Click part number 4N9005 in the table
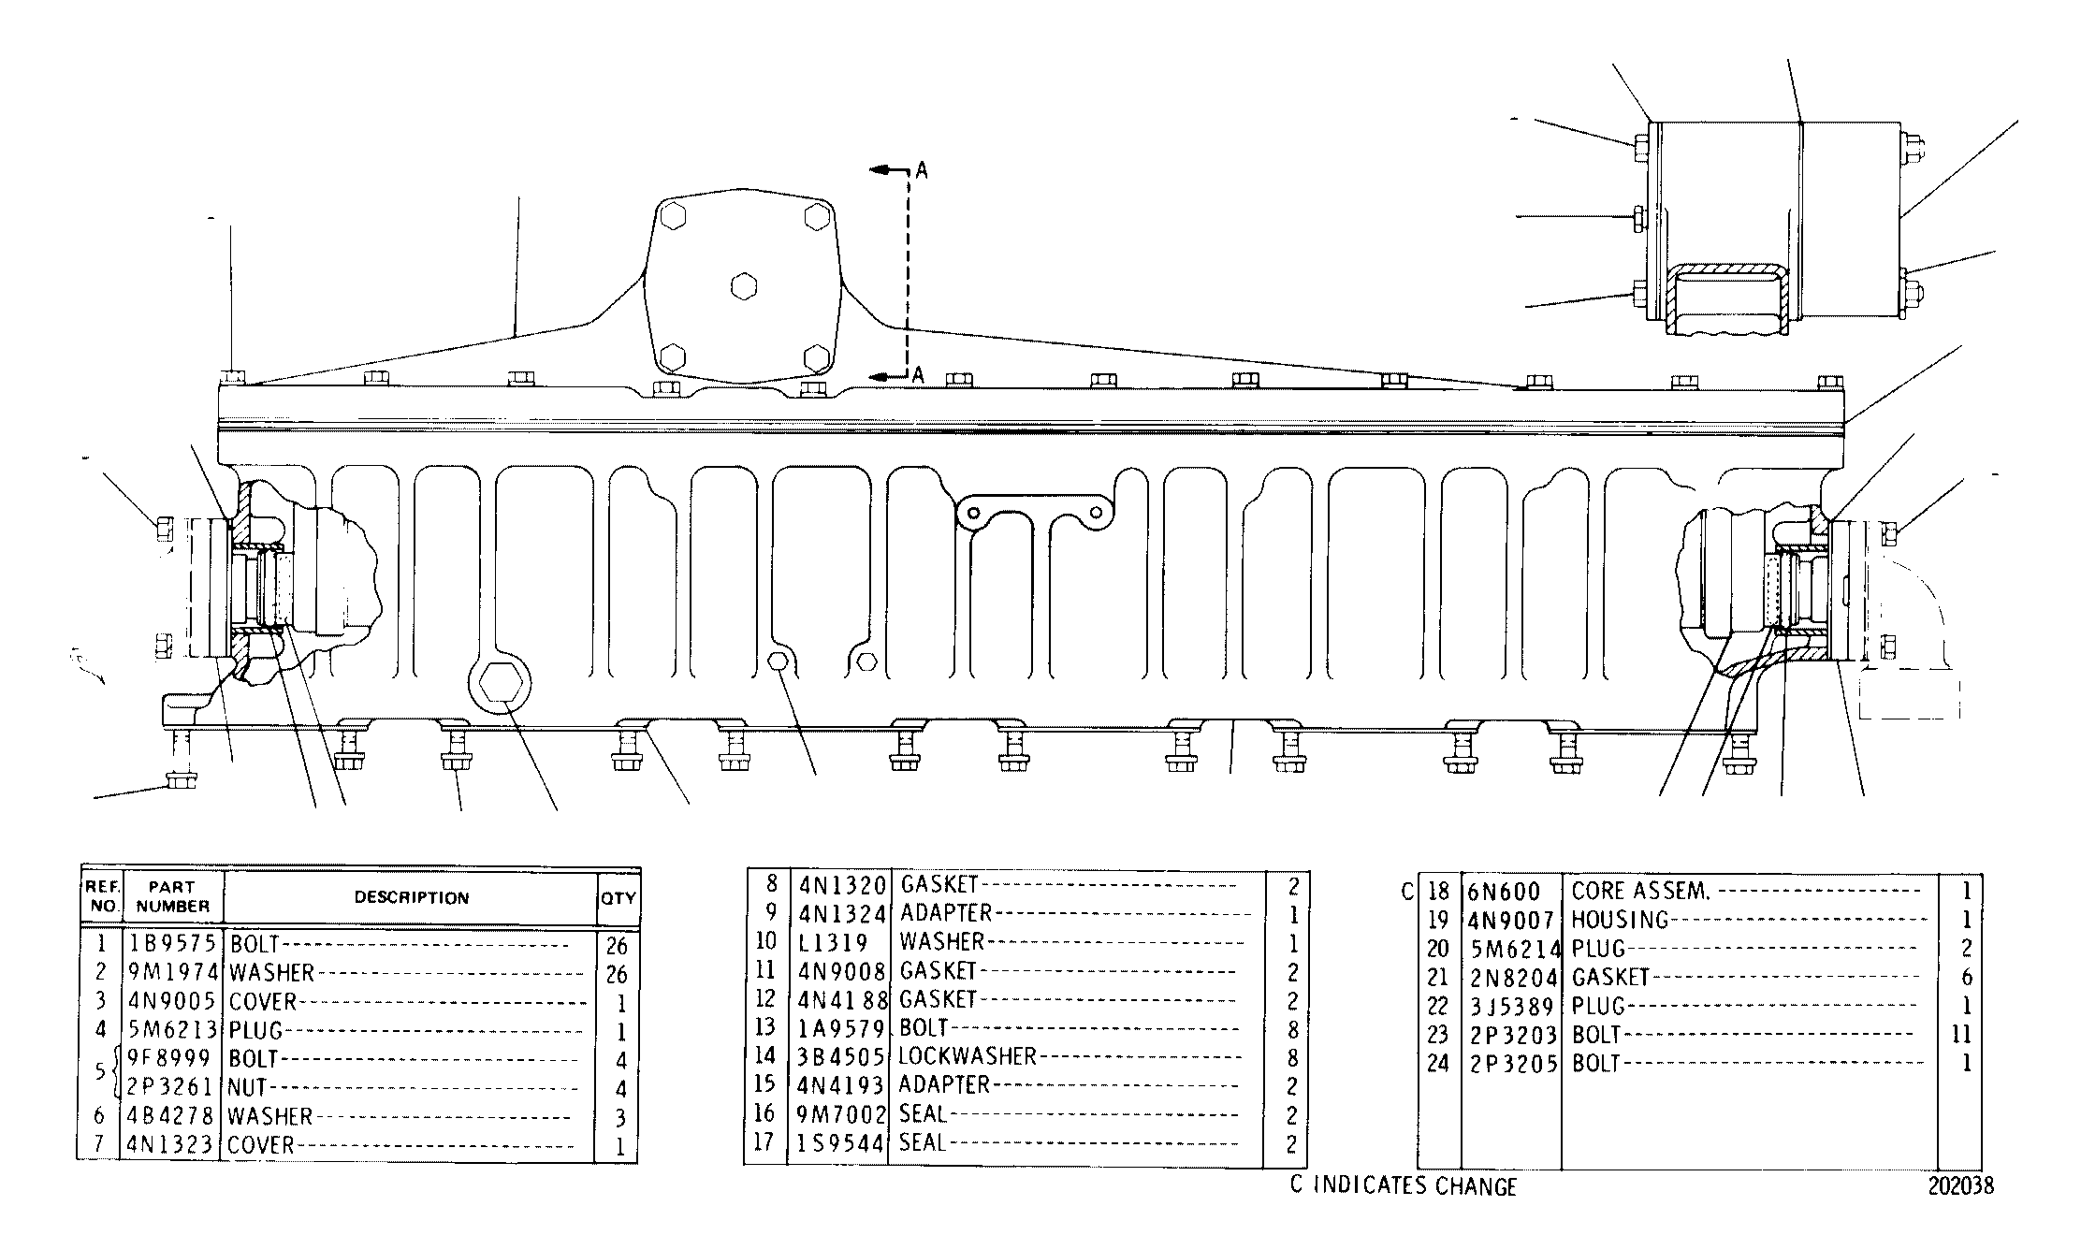click(x=172, y=1001)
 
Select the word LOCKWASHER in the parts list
click(x=968, y=1056)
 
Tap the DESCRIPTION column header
click(x=412, y=897)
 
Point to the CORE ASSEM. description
click(x=1640, y=891)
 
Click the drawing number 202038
click(x=1960, y=1186)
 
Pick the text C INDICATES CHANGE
click(x=1403, y=1186)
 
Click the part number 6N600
click(x=1504, y=890)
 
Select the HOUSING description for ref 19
click(x=1620, y=920)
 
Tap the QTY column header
click(x=618, y=898)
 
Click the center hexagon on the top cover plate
click(x=743, y=285)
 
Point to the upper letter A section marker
click(x=922, y=169)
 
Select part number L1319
click(x=832, y=942)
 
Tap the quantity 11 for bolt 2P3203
click(x=1961, y=1035)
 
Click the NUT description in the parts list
click(x=247, y=1087)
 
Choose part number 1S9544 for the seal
click(x=840, y=1142)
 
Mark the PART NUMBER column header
click(x=173, y=896)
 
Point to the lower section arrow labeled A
click(x=888, y=376)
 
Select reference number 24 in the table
click(x=1437, y=1065)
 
